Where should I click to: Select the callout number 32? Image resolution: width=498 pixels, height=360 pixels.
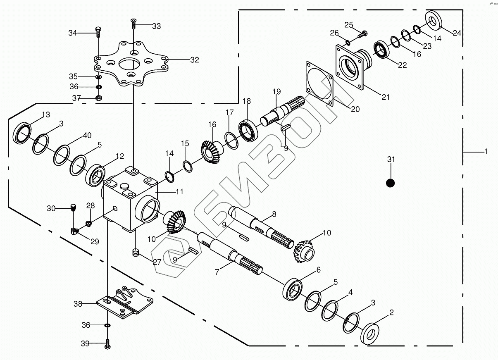(x=194, y=60)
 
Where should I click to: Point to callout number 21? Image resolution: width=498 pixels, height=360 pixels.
(x=385, y=98)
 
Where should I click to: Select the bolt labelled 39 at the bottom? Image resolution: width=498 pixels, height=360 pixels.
(x=107, y=343)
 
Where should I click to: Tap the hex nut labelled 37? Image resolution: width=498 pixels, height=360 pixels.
(x=98, y=98)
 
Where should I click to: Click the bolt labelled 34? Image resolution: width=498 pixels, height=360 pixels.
(x=98, y=30)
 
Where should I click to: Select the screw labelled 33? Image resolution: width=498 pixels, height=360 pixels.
(x=133, y=23)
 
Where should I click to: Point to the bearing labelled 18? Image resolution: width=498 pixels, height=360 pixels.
(x=249, y=129)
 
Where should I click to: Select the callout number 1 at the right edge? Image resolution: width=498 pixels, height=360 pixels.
(x=486, y=152)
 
